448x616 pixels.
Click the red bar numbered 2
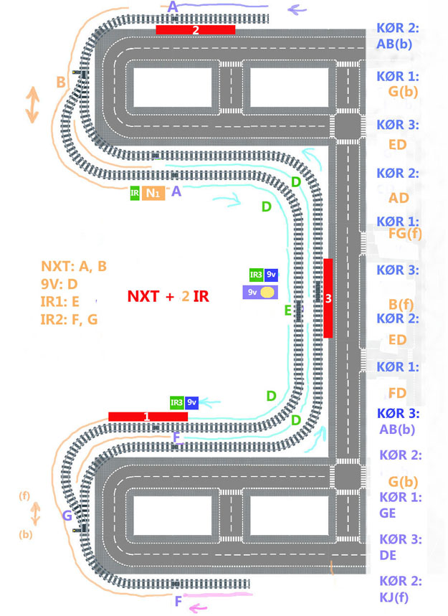[196, 29]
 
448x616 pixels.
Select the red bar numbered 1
[148, 417]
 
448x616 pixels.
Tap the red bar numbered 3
[328, 298]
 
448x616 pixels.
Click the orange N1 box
[153, 194]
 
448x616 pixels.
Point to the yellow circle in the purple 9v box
[268, 293]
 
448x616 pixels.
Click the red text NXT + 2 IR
[168, 296]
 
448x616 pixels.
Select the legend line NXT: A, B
[74, 266]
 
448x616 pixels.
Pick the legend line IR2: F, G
[69, 319]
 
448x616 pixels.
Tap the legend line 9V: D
[59, 284]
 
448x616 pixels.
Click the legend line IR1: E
[59, 302]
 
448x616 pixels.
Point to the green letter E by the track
[288, 311]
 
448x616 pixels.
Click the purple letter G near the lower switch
[67, 515]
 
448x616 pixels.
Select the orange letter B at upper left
[61, 82]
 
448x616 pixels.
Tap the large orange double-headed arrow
[32, 105]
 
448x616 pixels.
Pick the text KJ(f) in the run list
[394, 597]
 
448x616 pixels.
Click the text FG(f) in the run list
[405, 234]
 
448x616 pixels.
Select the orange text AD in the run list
[399, 198]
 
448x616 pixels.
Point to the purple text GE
[388, 513]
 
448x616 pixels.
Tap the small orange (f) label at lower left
[24, 496]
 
